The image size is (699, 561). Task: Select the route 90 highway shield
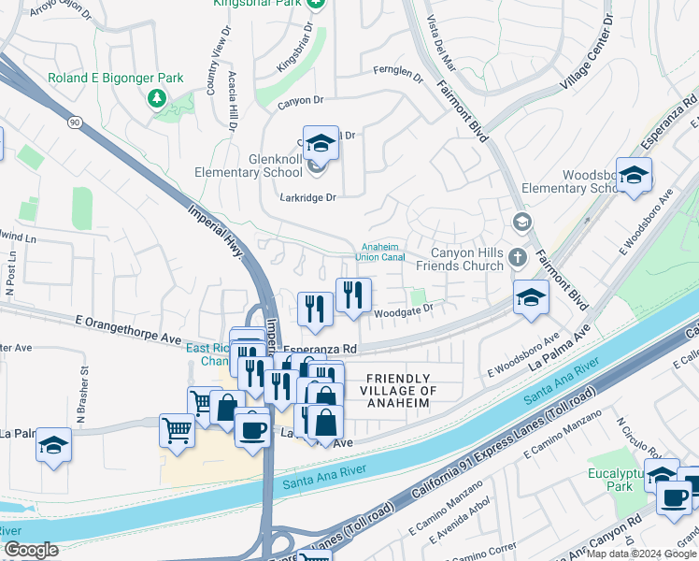coord(74,122)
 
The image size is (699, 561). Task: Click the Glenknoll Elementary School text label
coord(249,165)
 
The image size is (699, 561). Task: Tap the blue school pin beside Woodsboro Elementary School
coord(634,175)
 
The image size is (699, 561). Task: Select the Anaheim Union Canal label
coord(380,252)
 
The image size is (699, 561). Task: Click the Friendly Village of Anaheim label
coord(398,390)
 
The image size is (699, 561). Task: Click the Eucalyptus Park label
coord(611,481)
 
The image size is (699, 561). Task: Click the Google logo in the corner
coord(31,550)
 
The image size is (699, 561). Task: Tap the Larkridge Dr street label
coord(307,197)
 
